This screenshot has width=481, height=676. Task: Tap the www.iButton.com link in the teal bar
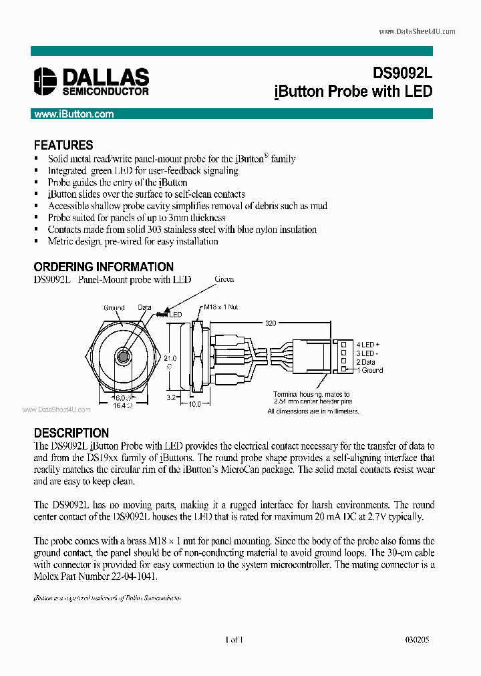(x=74, y=114)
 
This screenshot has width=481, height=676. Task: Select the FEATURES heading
(x=63, y=145)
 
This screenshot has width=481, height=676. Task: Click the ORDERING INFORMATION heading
(x=104, y=267)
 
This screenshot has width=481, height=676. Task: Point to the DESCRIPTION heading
(x=71, y=433)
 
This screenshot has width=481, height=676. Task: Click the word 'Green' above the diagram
(x=224, y=279)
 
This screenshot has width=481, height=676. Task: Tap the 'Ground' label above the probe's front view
(x=114, y=308)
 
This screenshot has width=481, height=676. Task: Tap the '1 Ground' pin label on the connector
(x=370, y=369)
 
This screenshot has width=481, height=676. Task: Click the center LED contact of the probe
(x=123, y=356)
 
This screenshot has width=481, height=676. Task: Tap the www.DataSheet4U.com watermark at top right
(x=417, y=31)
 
